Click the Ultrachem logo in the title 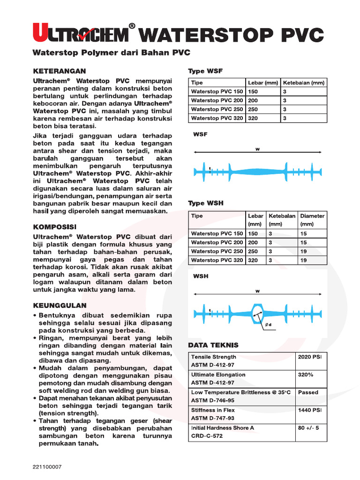[x=80, y=34]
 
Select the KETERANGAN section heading [x=59, y=71]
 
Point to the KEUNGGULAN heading [x=60, y=305]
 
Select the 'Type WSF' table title [x=205, y=71]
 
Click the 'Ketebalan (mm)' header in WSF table [x=304, y=83]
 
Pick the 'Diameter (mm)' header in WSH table [x=312, y=220]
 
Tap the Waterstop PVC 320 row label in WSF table [x=217, y=118]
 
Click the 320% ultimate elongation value [x=305, y=375]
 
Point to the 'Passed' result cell [x=308, y=392]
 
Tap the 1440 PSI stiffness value [x=309, y=410]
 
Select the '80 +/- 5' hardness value [x=308, y=428]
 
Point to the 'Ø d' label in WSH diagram [x=268, y=324]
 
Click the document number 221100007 [x=47, y=467]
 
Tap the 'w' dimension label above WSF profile [x=257, y=149]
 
